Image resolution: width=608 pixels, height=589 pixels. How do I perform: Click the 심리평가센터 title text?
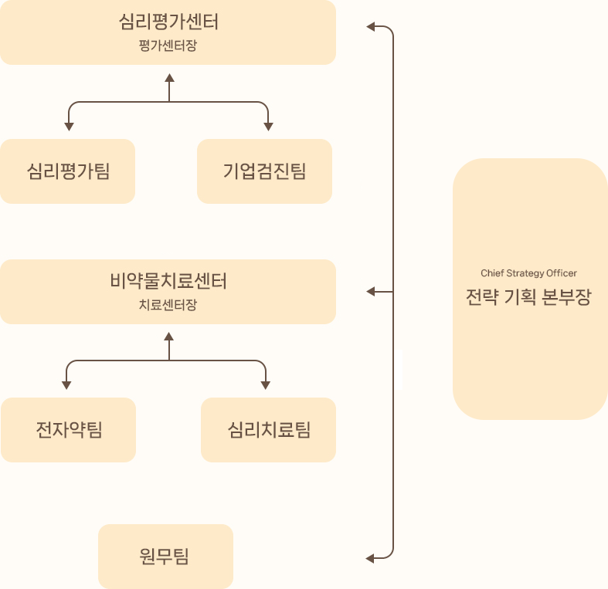click(x=168, y=22)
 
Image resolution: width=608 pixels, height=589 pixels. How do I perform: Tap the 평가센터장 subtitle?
click(x=168, y=45)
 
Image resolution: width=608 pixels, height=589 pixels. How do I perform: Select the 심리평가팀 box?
click(x=68, y=171)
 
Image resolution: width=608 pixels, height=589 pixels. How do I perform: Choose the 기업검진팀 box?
click(x=265, y=171)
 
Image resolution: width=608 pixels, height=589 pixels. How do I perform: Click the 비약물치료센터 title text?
click(x=168, y=281)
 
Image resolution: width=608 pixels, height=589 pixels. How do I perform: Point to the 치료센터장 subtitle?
click(x=168, y=304)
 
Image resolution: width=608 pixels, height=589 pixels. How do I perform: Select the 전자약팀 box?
click(x=69, y=429)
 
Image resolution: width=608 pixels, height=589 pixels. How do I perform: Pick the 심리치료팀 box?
click(x=269, y=429)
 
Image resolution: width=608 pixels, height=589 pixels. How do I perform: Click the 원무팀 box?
click(x=165, y=556)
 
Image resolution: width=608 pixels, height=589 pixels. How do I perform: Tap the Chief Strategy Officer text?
click(x=528, y=273)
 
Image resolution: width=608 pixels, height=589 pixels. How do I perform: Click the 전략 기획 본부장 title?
click(x=528, y=297)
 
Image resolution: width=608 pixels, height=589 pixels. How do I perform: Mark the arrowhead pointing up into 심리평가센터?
click(x=170, y=78)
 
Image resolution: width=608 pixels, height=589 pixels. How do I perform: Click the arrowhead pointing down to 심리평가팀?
click(x=69, y=126)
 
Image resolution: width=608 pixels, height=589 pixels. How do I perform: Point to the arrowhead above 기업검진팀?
click(x=268, y=126)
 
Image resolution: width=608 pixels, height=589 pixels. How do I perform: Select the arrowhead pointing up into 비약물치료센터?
click(x=170, y=337)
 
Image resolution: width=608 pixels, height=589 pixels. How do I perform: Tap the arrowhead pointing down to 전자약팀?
click(x=67, y=384)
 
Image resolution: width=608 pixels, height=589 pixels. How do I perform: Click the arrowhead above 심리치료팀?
click(x=267, y=384)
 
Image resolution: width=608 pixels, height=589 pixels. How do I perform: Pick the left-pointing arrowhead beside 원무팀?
click(x=371, y=557)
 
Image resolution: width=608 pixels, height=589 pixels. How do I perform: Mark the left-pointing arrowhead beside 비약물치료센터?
click(x=371, y=292)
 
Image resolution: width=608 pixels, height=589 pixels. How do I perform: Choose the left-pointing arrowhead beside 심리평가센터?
click(x=371, y=28)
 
